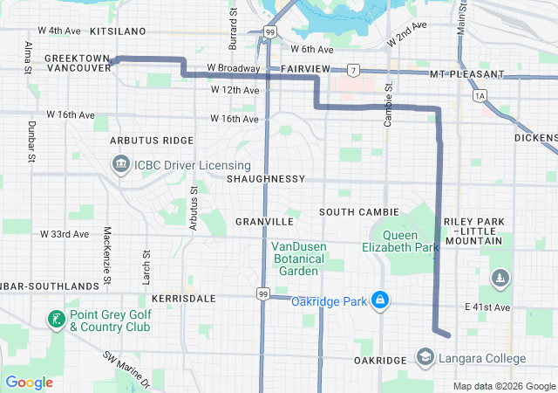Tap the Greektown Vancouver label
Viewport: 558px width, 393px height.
(x=77, y=63)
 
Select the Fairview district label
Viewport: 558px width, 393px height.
(x=305, y=68)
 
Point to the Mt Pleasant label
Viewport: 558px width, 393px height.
(x=466, y=74)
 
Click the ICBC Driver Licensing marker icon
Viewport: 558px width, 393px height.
(x=119, y=164)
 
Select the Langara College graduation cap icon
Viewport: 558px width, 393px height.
(x=425, y=358)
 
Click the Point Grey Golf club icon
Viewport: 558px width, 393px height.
(x=56, y=320)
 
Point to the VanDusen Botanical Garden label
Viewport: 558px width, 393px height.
(x=298, y=259)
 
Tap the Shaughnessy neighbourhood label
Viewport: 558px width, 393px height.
(x=266, y=178)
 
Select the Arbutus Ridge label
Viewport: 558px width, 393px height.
(x=152, y=140)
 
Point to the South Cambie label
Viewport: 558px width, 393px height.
(x=358, y=211)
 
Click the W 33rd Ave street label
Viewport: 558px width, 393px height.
(x=65, y=234)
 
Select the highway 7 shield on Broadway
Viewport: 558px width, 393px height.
(x=352, y=69)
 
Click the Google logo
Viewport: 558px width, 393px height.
(x=30, y=383)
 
